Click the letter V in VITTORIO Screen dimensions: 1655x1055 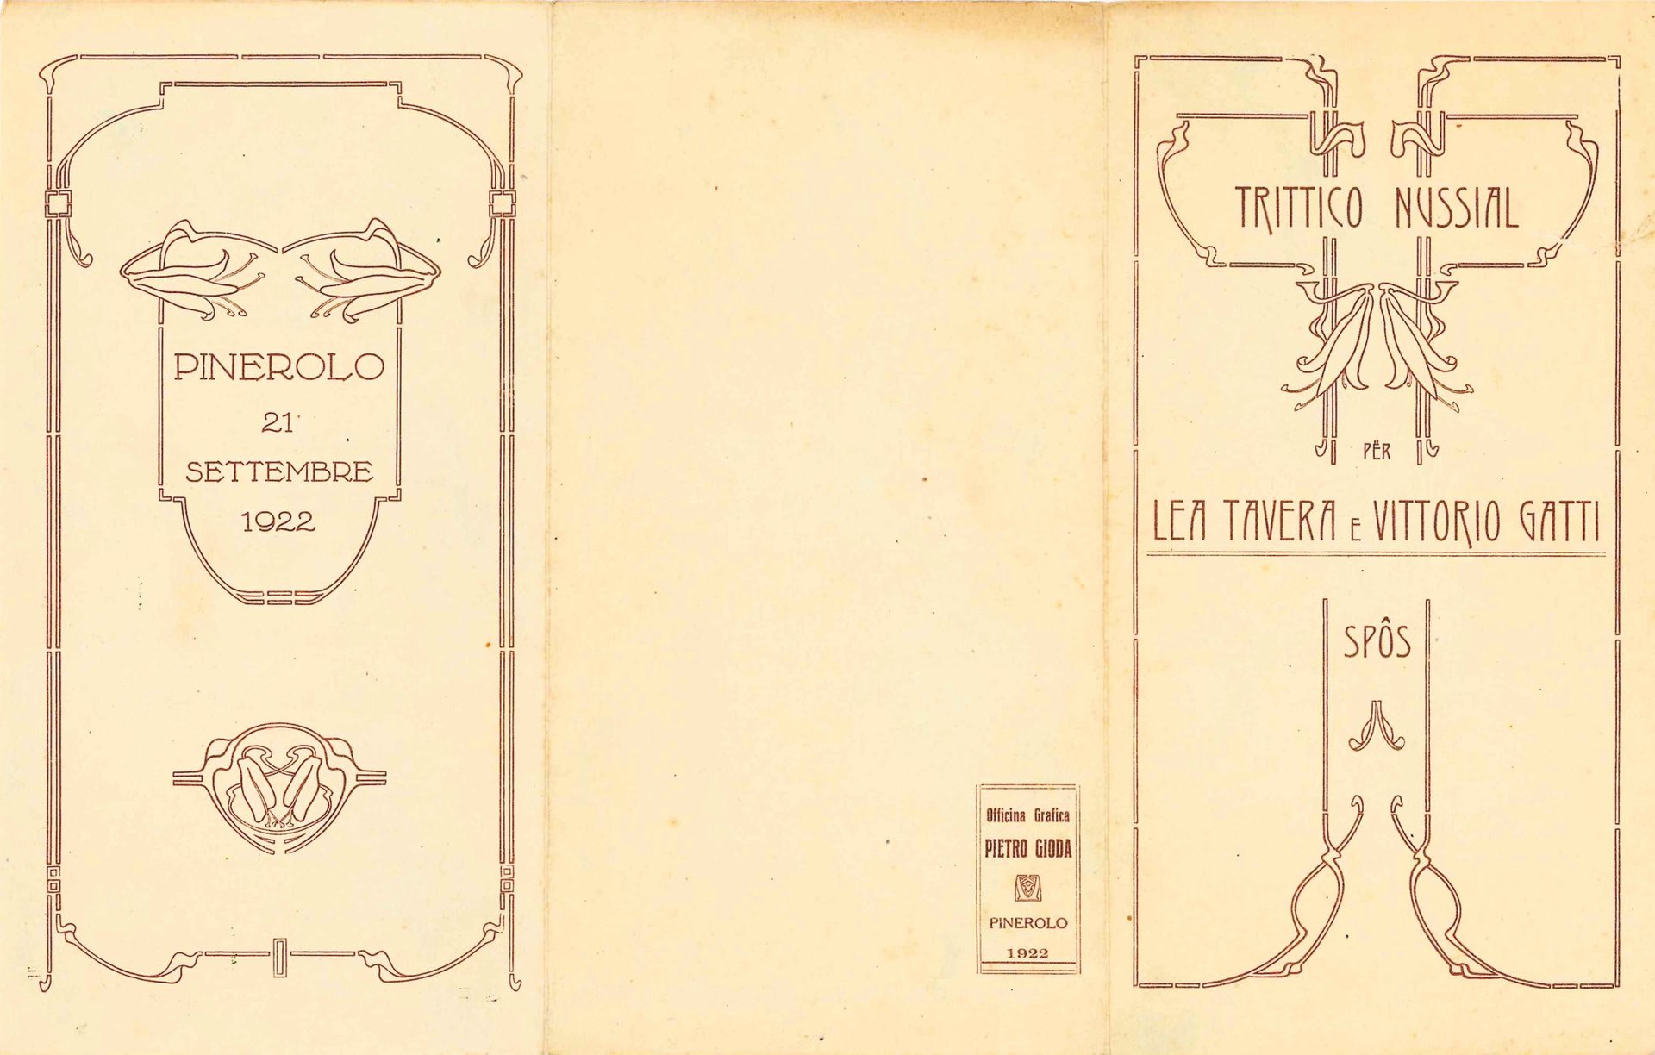coord(1381,521)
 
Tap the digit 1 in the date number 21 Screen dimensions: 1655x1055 coord(285,422)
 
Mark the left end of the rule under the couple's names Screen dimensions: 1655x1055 coord(1147,554)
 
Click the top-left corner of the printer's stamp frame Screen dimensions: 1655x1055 coord(977,784)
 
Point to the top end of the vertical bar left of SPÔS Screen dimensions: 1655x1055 coord(1326,600)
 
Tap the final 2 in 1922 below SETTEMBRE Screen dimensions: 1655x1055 coord(304,521)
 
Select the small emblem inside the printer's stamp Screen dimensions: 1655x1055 coord(1027,888)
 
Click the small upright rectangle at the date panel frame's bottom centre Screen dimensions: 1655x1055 coord(279,956)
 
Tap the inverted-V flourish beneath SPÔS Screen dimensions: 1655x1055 coord(1377,726)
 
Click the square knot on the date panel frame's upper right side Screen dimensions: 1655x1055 coord(503,204)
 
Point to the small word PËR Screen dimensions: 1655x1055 coord(1377,450)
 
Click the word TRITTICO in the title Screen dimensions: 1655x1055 coord(1300,208)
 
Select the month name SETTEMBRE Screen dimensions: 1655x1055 coord(279,472)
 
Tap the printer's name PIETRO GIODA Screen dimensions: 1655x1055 coord(1027,849)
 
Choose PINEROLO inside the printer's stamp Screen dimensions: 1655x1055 coord(1027,923)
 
